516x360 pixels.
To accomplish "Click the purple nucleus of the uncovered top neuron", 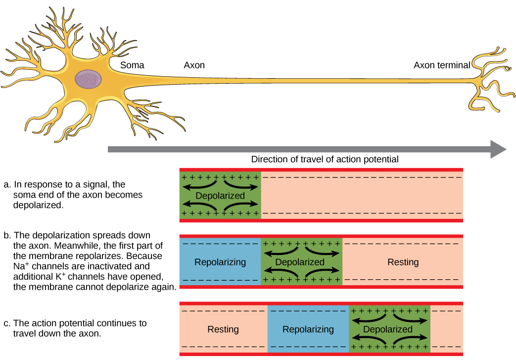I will (88, 79).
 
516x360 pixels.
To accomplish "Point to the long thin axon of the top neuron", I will (297, 80).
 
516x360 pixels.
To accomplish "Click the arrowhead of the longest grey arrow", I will (498, 149).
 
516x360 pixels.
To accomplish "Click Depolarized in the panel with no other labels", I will (220, 196).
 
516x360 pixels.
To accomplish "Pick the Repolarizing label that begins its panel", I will (220, 262).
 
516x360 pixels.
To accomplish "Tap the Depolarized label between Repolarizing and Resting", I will (300, 262).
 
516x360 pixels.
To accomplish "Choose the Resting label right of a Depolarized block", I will (403, 262).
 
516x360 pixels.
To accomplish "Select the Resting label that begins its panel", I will (223, 329).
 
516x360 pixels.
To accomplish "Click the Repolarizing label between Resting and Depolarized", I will (308, 329).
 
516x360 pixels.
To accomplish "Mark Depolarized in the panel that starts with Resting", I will (388, 329).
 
